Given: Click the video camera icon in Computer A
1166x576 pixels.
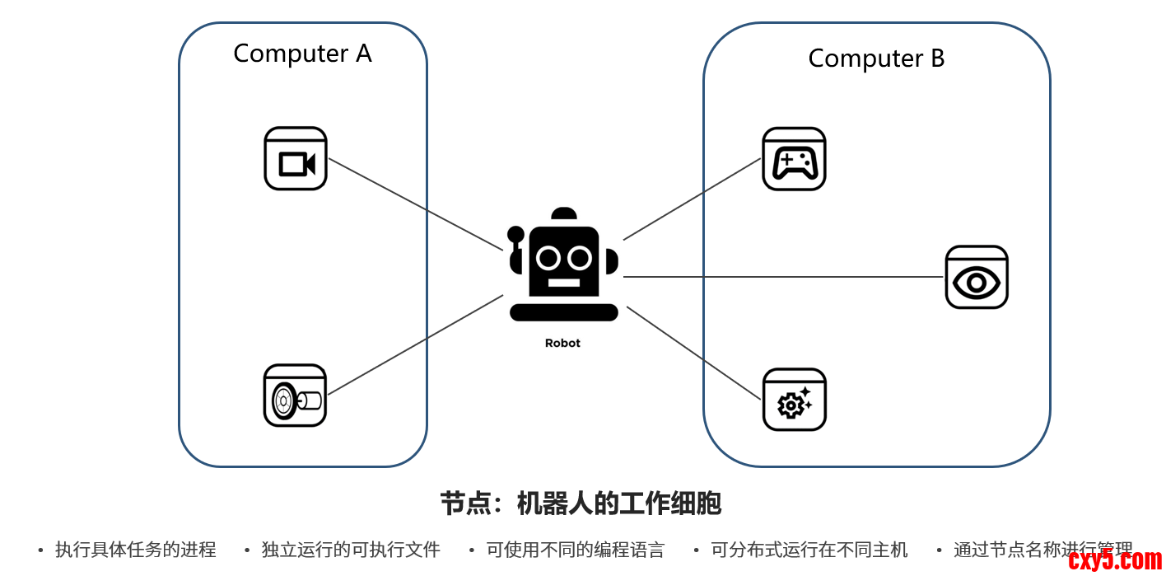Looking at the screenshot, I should point(296,159).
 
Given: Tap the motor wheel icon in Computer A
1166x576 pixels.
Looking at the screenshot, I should point(295,396).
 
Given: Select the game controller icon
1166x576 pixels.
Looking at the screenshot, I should point(794,159).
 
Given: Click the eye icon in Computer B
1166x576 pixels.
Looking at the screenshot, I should point(977,278).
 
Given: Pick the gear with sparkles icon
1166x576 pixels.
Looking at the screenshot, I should point(794,400).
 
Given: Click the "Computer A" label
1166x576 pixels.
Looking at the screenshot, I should point(302,54).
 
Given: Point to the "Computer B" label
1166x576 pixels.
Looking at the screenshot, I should point(876,59).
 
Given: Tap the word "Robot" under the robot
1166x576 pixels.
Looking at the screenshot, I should point(562,344).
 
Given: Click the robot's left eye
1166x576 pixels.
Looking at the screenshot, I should point(548,258).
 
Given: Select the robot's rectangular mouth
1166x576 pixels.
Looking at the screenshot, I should point(564,283).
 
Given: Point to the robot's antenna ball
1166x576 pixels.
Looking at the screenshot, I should point(516,234).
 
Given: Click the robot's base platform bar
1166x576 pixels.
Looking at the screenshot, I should point(564,312).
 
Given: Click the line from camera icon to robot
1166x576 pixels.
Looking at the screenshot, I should point(416,204).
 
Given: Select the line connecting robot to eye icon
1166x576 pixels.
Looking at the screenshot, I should point(782,277).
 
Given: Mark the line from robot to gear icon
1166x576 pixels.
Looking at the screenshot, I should point(693,354).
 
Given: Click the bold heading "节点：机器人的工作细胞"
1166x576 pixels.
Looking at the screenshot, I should point(581,503).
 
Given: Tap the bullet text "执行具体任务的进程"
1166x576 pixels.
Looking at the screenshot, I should point(136,550).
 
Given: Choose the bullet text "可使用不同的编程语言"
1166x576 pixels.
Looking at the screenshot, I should point(576,550).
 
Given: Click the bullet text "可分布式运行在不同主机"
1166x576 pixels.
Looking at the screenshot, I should point(809,550).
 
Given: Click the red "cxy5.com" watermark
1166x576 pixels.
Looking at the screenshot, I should point(1115,561).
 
